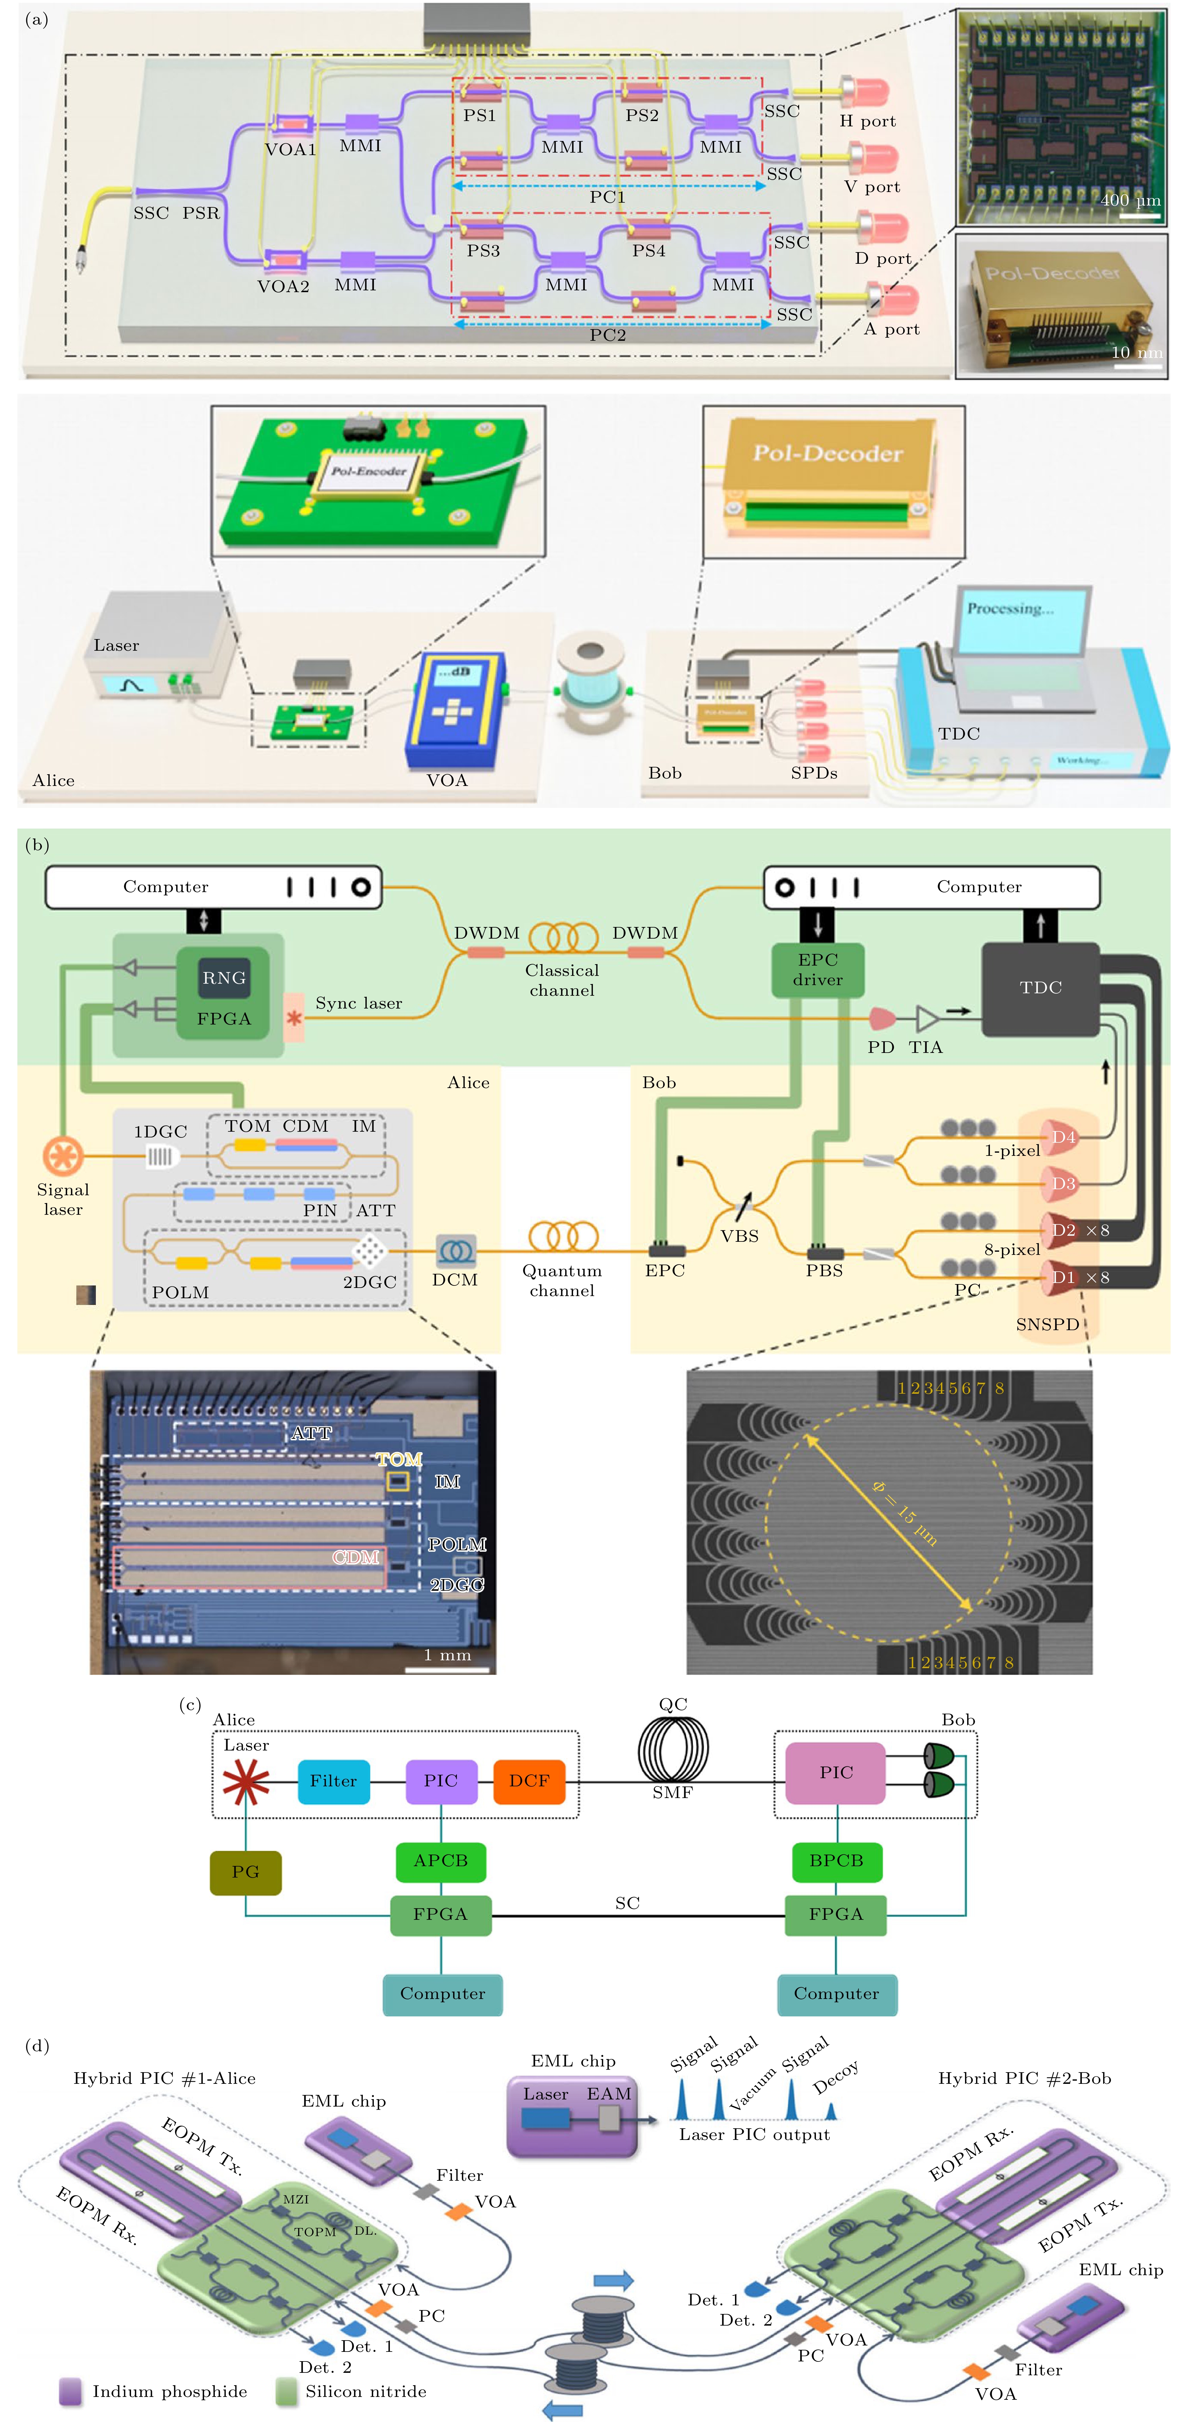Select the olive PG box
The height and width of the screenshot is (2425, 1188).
245,1872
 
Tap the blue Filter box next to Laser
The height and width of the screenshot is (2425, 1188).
333,1781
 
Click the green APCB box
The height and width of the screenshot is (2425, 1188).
441,1861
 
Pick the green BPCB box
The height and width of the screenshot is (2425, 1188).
836,1861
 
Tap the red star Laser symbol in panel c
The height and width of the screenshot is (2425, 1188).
246,1781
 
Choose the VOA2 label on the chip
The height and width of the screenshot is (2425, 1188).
283,286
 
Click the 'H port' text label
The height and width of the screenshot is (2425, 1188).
867,121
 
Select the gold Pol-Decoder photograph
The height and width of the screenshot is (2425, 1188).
1061,306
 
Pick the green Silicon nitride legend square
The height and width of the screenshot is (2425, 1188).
286,2391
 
